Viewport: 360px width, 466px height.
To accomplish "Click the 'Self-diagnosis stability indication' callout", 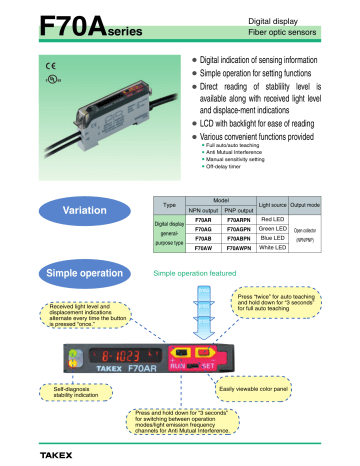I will tap(69, 389).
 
